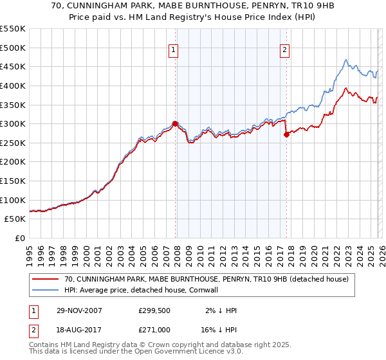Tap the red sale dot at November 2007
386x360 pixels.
[175, 123]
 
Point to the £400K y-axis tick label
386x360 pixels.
[13, 85]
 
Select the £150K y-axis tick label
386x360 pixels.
[13, 181]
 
